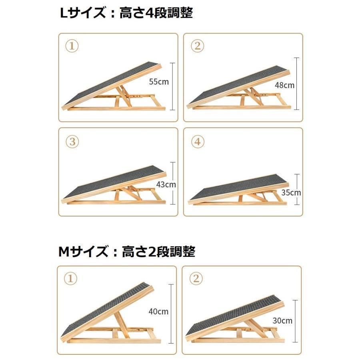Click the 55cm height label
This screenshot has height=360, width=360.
coord(159,82)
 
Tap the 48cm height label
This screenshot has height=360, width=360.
coord(285,85)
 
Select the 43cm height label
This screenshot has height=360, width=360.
coord(166,185)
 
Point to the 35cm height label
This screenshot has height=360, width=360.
coord(291,192)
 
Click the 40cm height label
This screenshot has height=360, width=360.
coord(159,312)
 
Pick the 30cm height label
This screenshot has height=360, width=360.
coord(283,320)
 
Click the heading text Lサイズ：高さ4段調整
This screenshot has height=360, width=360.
coord(126,13)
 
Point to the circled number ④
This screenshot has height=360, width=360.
coord(197,142)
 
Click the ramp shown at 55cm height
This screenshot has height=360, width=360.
coord(114,88)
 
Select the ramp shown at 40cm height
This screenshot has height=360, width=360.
coord(110,314)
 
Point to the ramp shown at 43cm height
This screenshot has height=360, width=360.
coord(114,186)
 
